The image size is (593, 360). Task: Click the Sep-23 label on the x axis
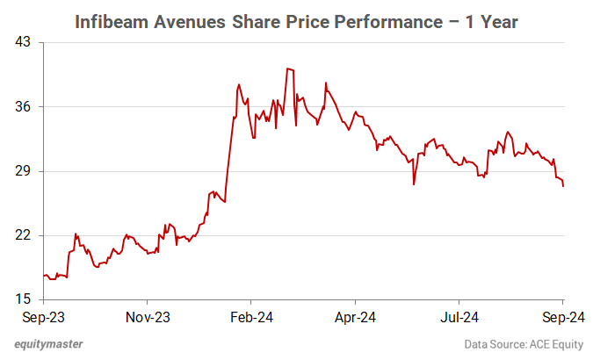point(43,315)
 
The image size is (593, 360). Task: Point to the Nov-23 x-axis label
point(147,315)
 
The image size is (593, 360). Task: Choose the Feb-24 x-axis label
point(250,315)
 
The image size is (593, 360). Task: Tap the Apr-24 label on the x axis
point(355,315)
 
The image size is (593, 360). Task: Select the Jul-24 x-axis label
point(459,315)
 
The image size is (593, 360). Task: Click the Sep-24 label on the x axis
point(562,315)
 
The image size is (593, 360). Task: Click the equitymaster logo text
point(54,345)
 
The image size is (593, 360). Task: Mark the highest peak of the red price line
point(287,68)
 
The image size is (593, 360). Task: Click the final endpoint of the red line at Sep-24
point(562,185)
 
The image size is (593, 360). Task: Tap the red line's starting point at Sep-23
point(43,276)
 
